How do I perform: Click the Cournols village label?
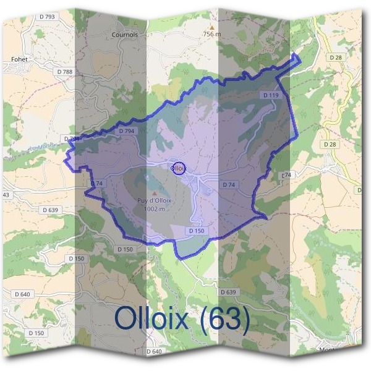125,35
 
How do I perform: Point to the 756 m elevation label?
212,35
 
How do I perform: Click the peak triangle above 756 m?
212,27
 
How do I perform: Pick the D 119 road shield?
271,95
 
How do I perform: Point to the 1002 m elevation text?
154,209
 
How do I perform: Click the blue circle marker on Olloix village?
178,168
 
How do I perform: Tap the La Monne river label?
39,149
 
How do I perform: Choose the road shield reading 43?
6,195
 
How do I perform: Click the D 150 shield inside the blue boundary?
196,231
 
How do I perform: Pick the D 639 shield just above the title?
228,292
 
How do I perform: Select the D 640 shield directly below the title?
154,351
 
